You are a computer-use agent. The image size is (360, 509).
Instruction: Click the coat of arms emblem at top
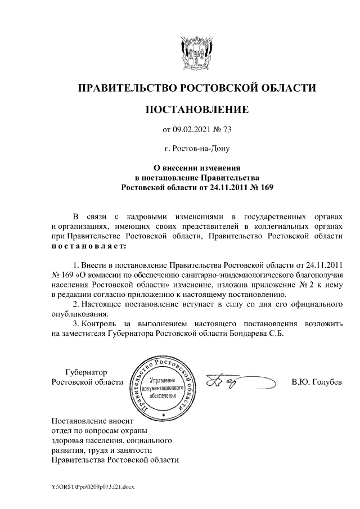tap(196, 52)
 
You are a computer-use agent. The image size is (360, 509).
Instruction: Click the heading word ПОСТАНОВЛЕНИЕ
tap(196, 109)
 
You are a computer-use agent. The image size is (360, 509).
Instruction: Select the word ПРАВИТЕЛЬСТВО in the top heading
tap(127, 88)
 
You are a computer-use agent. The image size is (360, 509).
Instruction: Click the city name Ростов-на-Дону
tap(197, 149)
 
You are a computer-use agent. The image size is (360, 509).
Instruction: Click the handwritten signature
tap(236, 383)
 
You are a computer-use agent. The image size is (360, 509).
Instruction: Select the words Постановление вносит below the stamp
tap(91, 421)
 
